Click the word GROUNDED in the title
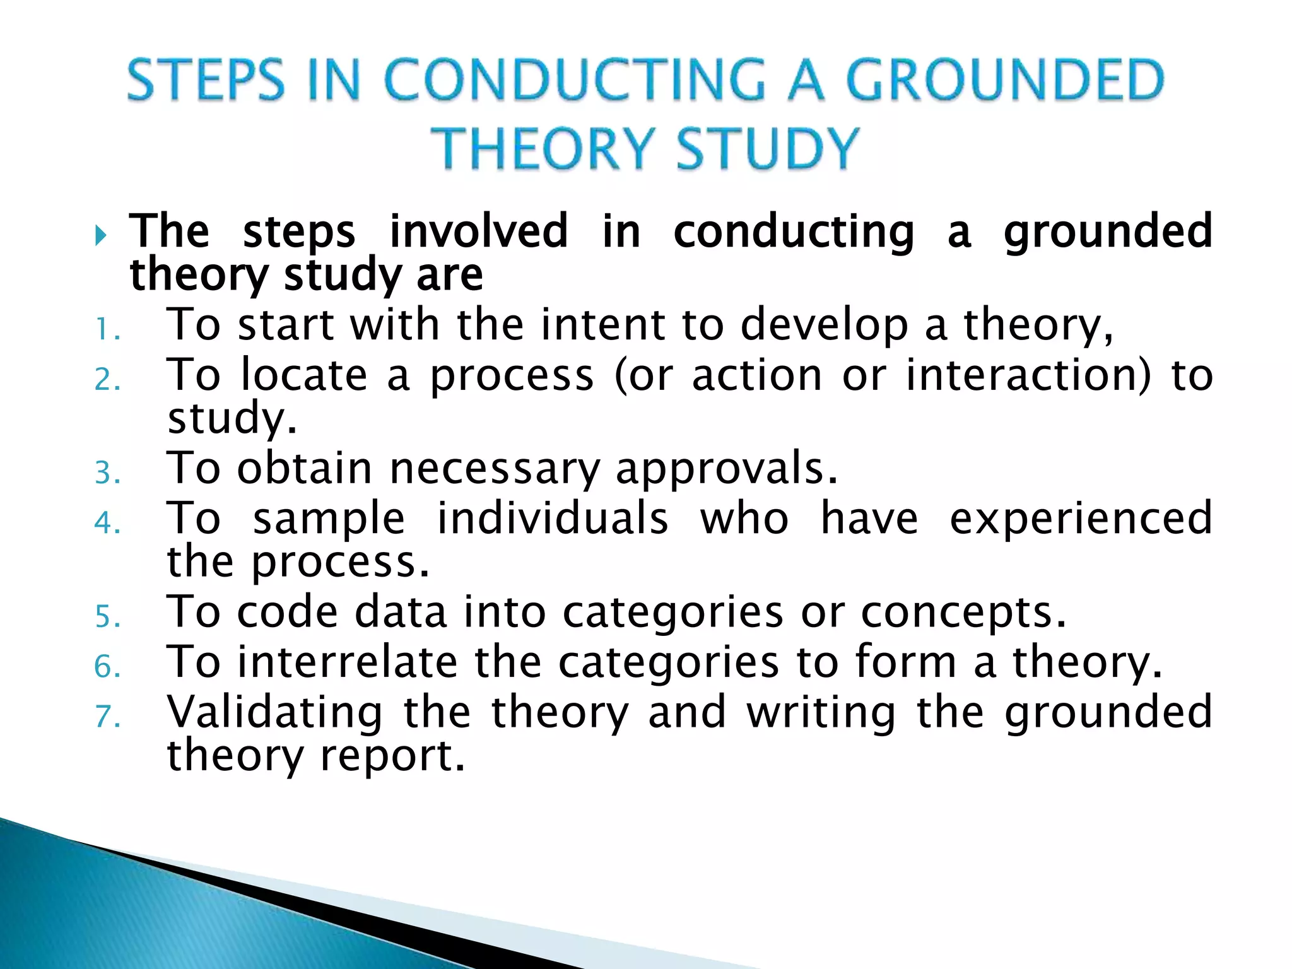click(1004, 80)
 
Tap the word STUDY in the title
click(768, 148)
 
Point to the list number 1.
click(106, 329)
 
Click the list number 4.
click(106, 522)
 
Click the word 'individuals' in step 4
click(553, 519)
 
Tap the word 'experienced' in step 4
click(1081, 519)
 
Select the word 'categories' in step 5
click(673, 613)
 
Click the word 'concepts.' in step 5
click(963, 613)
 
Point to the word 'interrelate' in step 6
click(347, 662)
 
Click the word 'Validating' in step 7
click(275, 712)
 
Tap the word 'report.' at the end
click(393, 756)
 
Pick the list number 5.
click(106, 616)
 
